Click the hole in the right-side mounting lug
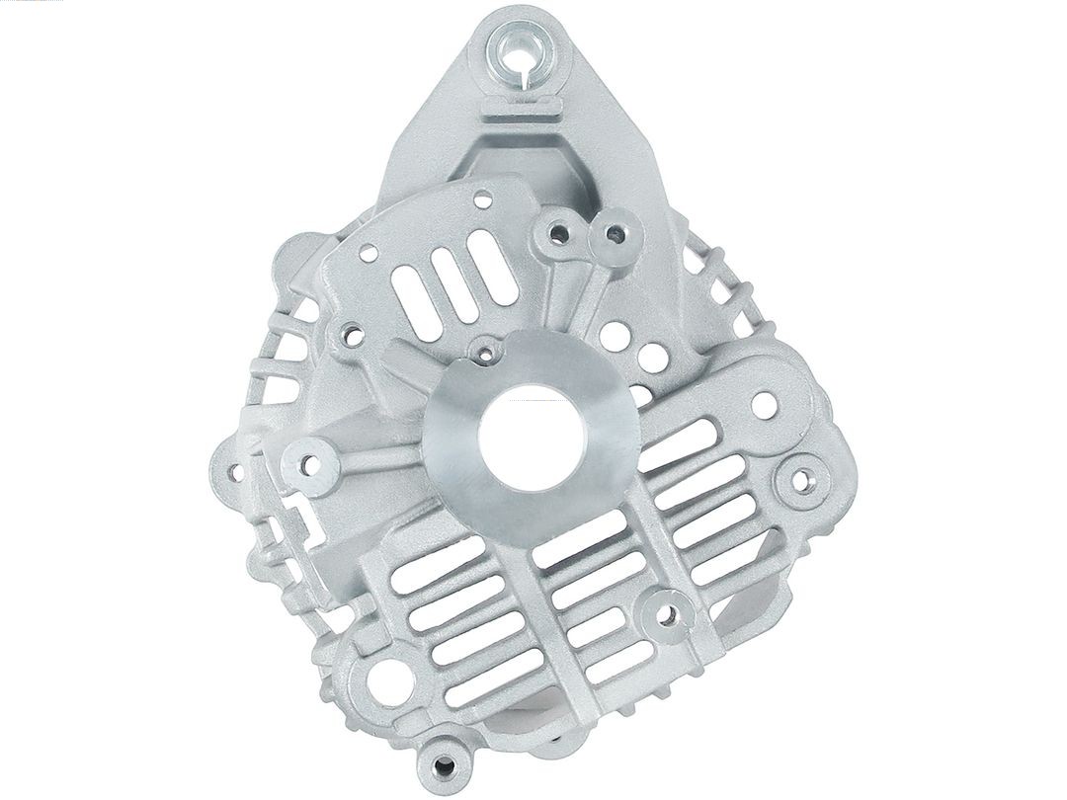pos(804,481)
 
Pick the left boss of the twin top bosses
pos(559,234)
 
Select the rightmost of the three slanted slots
pos(488,257)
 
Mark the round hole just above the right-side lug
pos(764,404)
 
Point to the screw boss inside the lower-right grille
pos(668,614)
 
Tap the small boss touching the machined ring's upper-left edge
pos(484,349)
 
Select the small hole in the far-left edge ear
pos(236,472)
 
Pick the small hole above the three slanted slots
pos(482,200)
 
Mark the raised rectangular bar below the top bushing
pos(522,107)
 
